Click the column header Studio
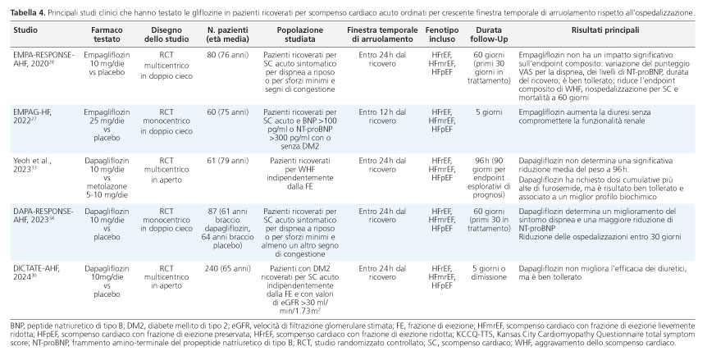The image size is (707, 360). click(x=25, y=30)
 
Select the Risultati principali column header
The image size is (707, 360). click(x=605, y=30)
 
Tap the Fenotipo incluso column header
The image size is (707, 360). click(x=442, y=34)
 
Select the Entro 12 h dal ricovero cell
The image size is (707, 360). click(x=382, y=116)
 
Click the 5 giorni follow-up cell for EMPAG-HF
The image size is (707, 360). click(x=489, y=112)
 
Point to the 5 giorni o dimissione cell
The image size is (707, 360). click(x=489, y=272)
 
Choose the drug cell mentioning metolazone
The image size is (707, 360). click(x=107, y=178)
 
